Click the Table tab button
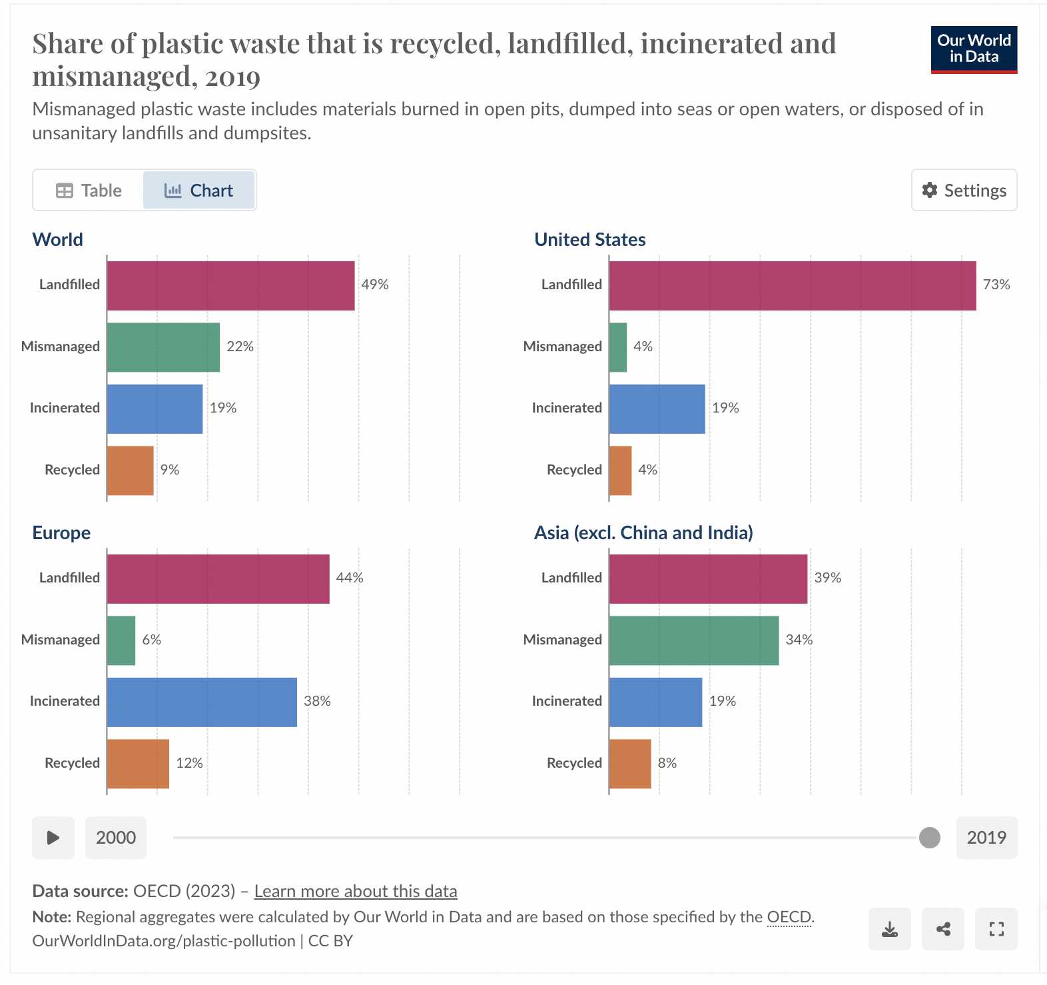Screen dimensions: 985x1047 tap(89, 191)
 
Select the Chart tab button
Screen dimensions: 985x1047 tap(198, 191)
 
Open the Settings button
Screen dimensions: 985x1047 tap(964, 191)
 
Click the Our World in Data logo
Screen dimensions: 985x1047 tap(974, 49)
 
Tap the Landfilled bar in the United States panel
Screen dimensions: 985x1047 tap(792, 285)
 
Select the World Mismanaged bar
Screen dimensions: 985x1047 tap(163, 347)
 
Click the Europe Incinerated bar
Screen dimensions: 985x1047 tap(202, 702)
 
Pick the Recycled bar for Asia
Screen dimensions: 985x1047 tap(629, 764)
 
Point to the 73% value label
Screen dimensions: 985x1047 tap(996, 285)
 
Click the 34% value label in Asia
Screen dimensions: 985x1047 tap(799, 640)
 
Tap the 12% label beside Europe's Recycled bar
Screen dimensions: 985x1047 tap(189, 763)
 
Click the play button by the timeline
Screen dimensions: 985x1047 tap(53, 838)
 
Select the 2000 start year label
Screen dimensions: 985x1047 tap(116, 838)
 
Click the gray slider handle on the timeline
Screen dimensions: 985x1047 tap(929, 838)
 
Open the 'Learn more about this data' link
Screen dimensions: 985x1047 tap(356, 891)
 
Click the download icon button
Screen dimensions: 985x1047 tap(889, 929)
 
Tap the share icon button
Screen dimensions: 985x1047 tap(942, 929)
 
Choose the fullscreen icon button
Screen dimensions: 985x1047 tap(996, 929)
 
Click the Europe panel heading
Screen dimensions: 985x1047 tap(61, 533)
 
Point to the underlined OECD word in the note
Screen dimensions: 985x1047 tap(789, 917)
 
